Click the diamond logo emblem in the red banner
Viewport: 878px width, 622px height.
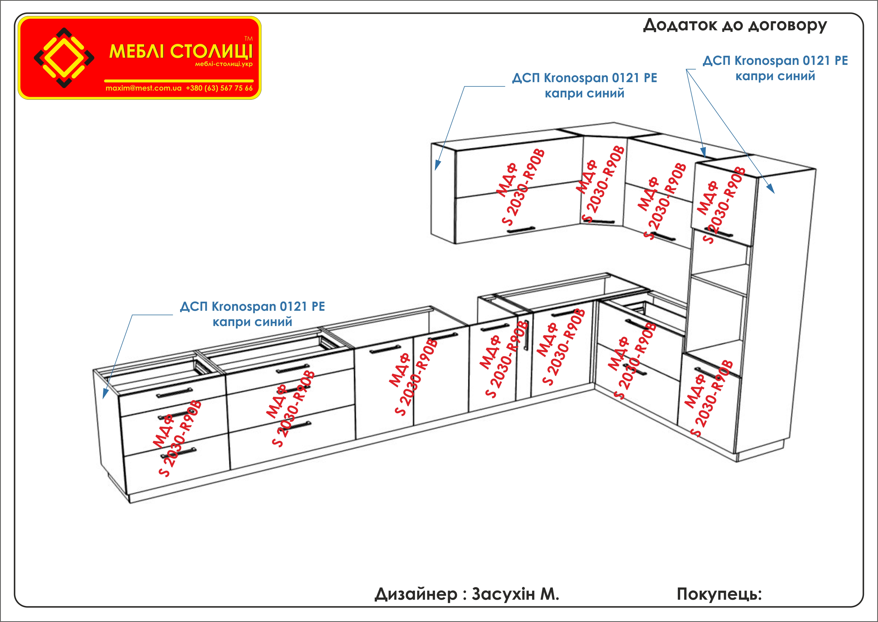64,58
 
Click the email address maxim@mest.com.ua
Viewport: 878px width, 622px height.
144,88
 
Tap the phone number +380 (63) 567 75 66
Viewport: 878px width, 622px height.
219,88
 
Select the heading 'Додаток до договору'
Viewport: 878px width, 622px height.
734,25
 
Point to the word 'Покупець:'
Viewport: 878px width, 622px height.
719,594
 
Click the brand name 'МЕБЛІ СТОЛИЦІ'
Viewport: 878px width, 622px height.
181,51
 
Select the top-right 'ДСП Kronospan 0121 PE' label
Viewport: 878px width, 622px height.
775,61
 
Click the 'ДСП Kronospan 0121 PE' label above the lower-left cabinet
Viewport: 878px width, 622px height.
252,307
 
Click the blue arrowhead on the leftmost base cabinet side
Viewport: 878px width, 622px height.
105,394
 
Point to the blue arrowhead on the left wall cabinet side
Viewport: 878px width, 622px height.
437,166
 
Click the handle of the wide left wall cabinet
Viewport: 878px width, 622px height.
521,230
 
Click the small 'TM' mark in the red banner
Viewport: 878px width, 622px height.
248,39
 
